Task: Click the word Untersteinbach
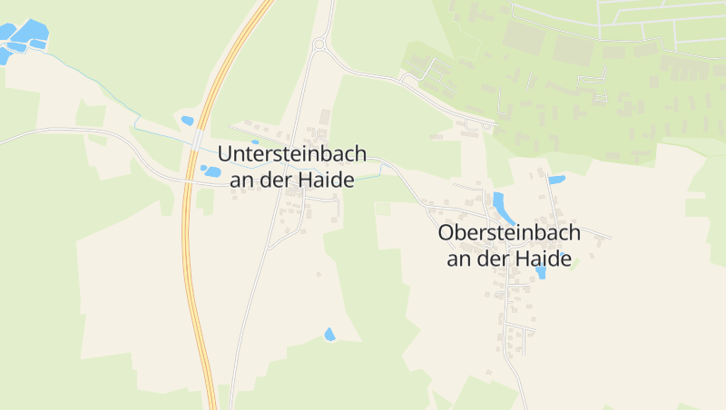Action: coord(292,154)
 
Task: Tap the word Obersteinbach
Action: coord(509,233)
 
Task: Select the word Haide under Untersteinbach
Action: coord(324,180)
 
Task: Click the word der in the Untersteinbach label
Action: coord(274,180)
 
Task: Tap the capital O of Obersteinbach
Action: coord(446,233)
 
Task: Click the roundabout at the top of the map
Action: coord(319,44)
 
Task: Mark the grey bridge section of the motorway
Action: coord(198,139)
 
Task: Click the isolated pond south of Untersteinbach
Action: coord(329,335)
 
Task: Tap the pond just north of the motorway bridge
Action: coord(187,120)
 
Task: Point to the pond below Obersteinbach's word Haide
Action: coord(541,272)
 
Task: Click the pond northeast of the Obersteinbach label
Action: coord(556,180)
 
